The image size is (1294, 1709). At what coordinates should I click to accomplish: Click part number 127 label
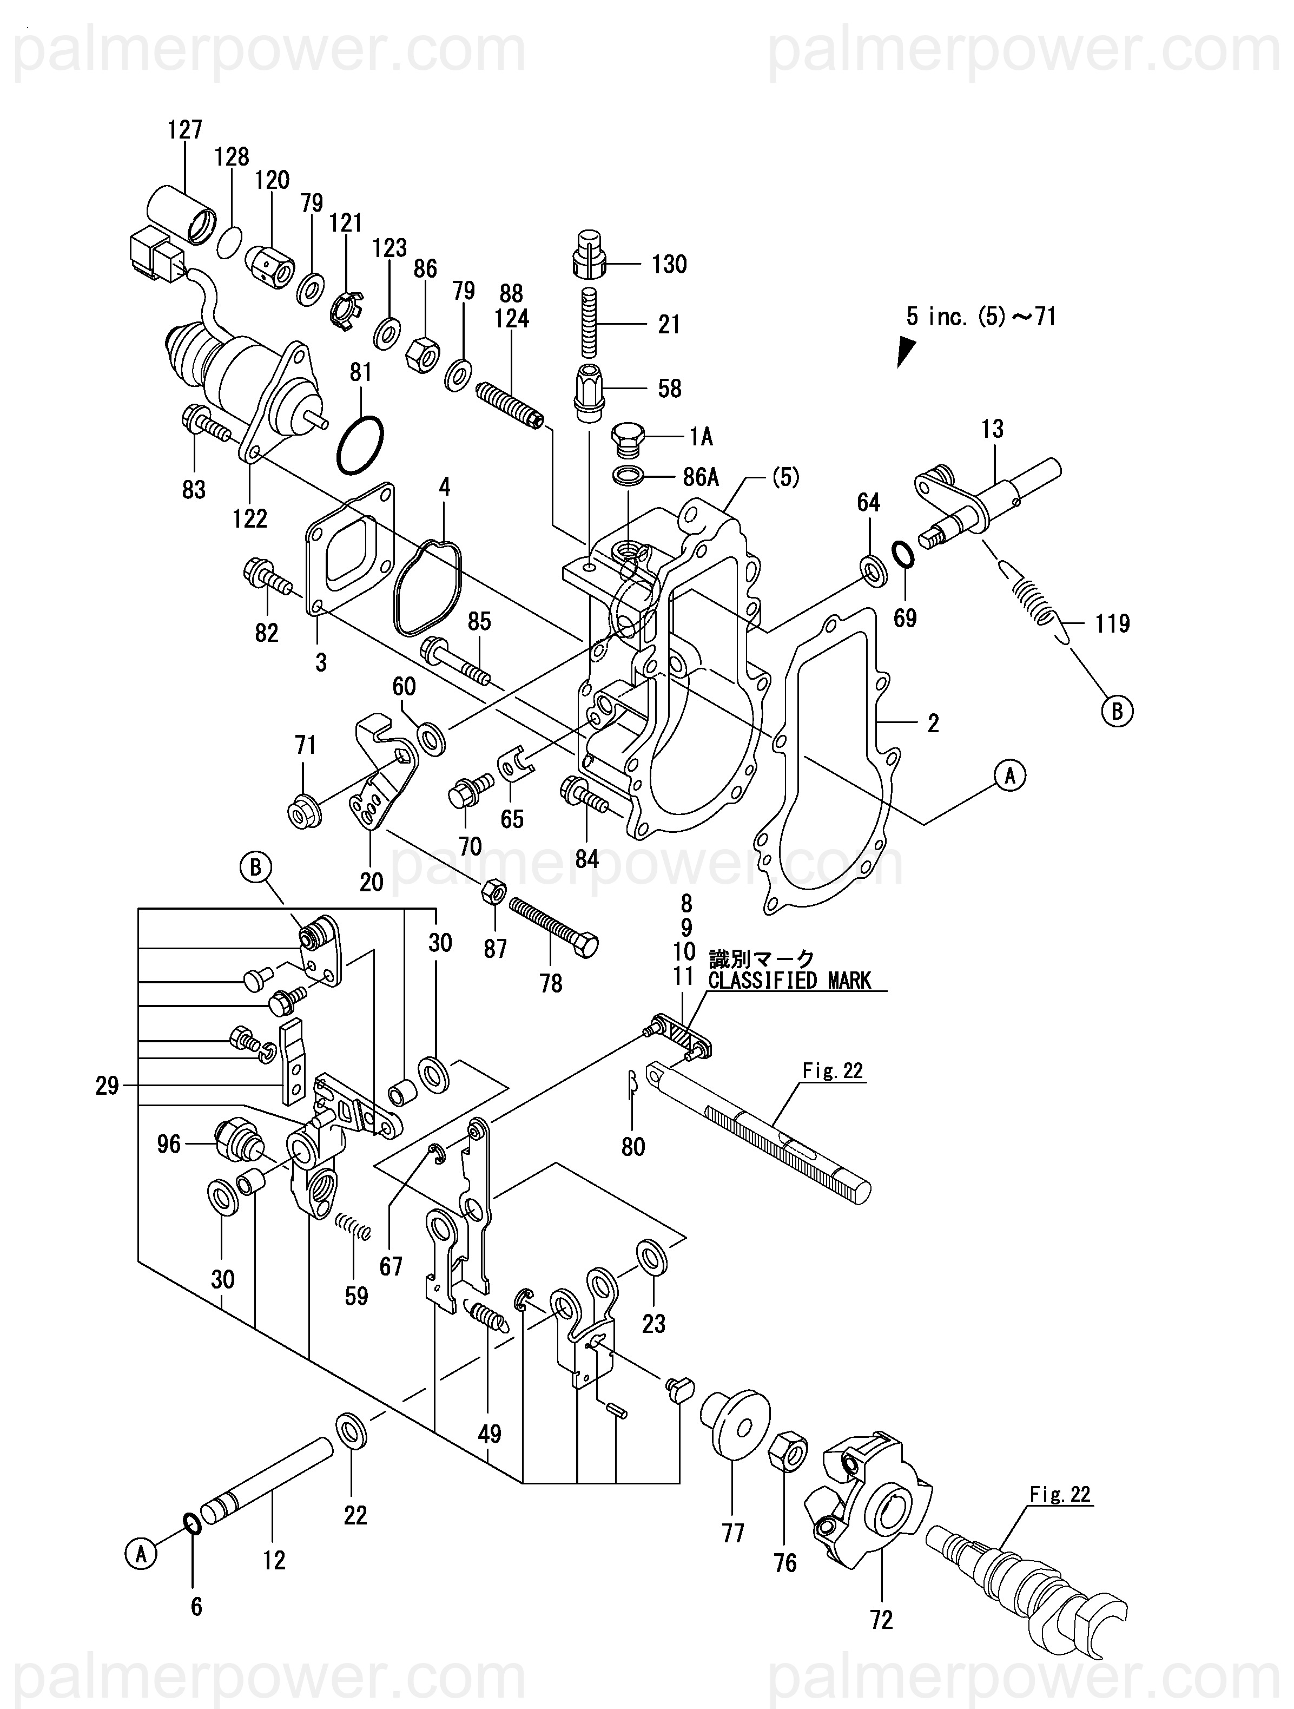(186, 130)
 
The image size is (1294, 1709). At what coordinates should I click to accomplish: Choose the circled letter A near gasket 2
(1009, 774)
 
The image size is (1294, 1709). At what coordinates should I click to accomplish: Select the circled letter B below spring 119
(1117, 711)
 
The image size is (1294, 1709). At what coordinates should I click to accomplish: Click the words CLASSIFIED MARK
(789, 981)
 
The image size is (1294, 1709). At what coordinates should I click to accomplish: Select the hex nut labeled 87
(493, 894)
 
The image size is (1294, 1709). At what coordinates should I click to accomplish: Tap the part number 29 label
(108, 1086)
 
